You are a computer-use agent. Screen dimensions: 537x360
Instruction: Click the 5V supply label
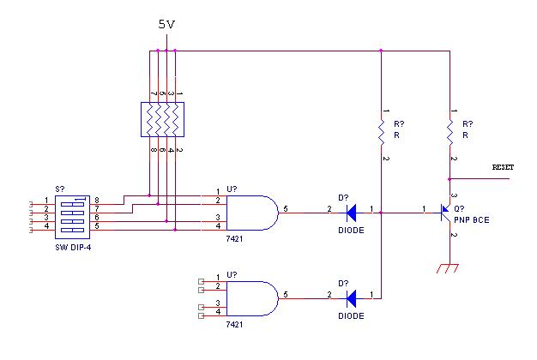[x=166, y=24]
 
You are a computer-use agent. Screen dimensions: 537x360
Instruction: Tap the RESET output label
[x=503, y=167]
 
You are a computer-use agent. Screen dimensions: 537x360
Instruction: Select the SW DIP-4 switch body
[x=72, y=217]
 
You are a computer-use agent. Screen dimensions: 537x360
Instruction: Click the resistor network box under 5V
[x=162, y=119]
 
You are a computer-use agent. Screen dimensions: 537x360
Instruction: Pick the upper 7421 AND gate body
[x=252, y=213]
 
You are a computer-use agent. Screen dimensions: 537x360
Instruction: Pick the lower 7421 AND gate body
[x=252, y=298]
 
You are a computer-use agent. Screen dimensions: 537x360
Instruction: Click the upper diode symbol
[x=351, y=213]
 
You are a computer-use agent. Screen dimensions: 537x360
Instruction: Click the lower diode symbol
[x=351, y=298]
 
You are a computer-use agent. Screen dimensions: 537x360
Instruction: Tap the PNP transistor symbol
[x=445, y=213]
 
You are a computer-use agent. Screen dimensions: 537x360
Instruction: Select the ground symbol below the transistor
[x=448, y=268]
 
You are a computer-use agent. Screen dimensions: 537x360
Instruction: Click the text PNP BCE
[x=472, y=220]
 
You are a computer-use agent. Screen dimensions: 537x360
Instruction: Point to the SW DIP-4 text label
[x=73, y=248]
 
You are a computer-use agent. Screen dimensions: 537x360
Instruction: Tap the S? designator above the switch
[x=60, y=189]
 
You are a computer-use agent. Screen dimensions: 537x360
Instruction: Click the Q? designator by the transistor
[x=459, y=209]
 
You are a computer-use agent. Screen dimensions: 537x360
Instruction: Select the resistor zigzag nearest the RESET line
[x=450, y=132]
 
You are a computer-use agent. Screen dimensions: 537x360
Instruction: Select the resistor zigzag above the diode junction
[x=381, y=132]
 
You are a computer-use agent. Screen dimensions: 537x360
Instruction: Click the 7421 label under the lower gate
[x=234, y=324]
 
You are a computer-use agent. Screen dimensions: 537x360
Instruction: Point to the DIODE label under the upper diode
[x=351, y=231]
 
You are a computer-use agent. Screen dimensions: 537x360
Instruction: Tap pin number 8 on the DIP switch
[x=97, y=201]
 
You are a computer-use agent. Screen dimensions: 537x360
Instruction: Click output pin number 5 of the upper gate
[x=286, y=209]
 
